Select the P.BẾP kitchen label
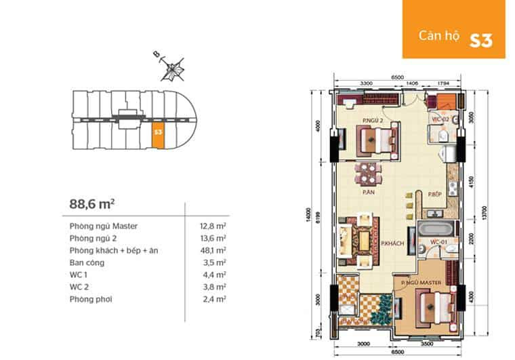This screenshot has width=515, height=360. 435,195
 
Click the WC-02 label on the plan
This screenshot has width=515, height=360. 441,119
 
